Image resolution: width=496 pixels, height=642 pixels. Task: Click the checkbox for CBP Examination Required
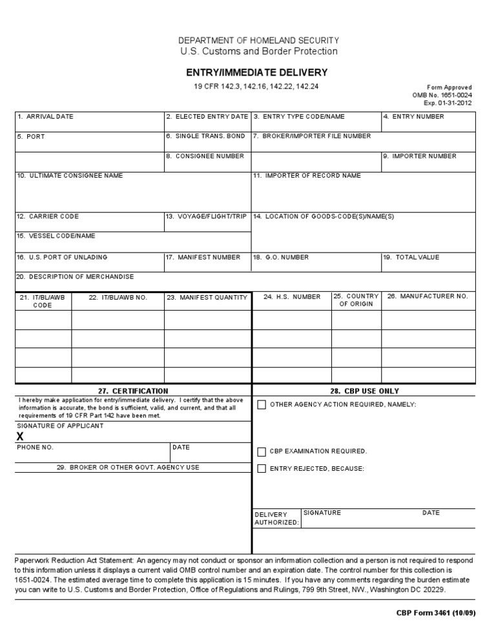[x=262, y=451]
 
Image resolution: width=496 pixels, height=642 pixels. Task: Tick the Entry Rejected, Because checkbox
[x=262, y=468]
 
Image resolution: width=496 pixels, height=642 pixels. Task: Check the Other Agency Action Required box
[x=262, y=405]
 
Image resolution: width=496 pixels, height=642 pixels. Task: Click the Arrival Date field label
[x=45, y=117]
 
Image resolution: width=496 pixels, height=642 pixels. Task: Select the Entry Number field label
[x=413, y=117]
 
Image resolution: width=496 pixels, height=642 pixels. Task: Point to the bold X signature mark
[x=20, y=437]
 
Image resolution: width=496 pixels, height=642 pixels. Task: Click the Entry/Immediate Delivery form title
[x=258, y=72]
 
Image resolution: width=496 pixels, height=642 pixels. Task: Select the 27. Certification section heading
[x=133, y=391]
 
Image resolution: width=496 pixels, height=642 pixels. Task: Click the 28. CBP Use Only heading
[x=364, y=391]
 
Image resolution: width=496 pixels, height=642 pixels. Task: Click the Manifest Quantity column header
[x=207, y=298]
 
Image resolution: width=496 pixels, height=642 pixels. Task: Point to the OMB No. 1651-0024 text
[x=442, y=95]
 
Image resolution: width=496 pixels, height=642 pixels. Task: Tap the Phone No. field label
[x=36, y=447]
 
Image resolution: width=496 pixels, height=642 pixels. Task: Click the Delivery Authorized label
[x=276, y=519]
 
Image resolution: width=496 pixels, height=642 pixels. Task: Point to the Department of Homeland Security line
[x=258, y=40]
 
